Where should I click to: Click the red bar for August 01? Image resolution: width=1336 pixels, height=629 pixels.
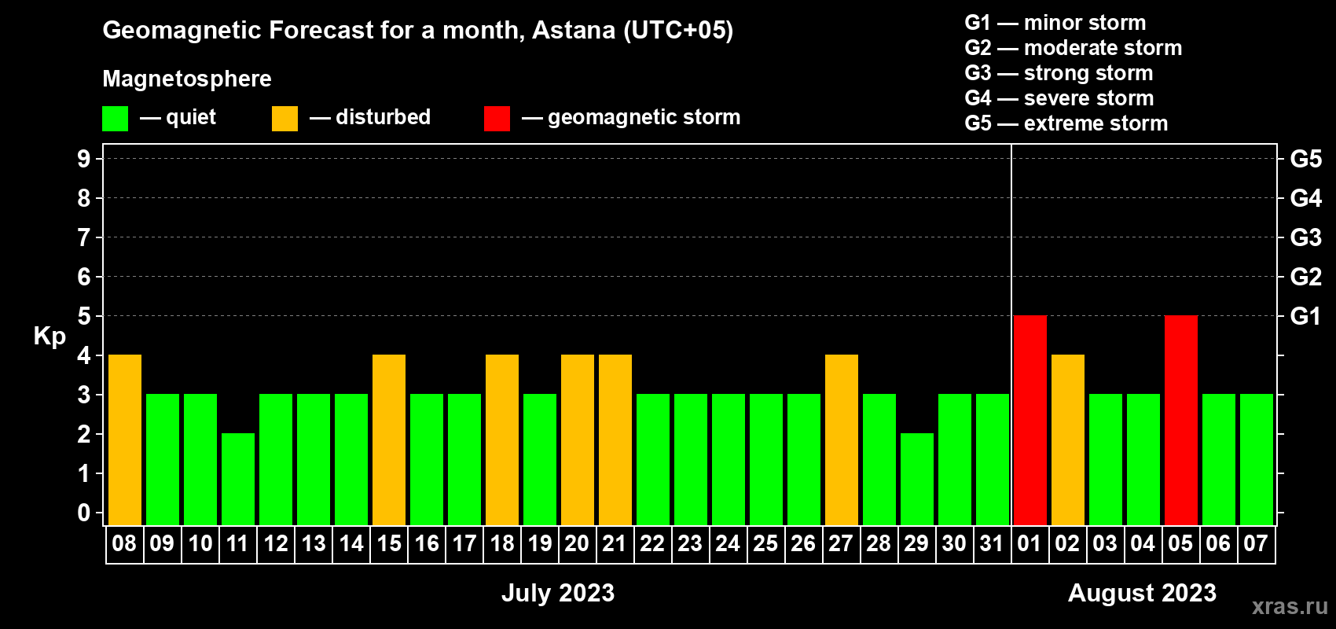click(x=1030, y=420)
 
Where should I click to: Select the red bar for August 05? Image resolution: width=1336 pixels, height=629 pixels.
click(x=1181, y=420)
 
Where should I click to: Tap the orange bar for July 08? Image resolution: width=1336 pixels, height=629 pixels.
click(x=125, y=440)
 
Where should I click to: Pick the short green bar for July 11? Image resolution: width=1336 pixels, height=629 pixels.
click(x=238, y=479)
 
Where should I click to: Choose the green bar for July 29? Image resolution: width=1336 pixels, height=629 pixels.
click(x=916, y=479)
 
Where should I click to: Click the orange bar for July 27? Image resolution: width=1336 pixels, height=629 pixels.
click(x=842, y=440)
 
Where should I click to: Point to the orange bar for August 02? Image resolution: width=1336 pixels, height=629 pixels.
click(x=1067, y=440)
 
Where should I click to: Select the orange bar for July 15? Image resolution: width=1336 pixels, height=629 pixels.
click(x=389, y=440)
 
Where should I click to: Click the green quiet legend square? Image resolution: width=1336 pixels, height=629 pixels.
click(x=115, y=118)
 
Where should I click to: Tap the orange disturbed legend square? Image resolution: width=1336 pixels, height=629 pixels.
click(x=284, y=118)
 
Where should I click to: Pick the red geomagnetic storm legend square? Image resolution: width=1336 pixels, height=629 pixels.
click(x=497, y=118)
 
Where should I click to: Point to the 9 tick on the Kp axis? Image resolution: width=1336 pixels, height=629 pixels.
click(x=83, y=159)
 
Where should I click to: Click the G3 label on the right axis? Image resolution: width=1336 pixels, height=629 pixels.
click(x=1305, y=237)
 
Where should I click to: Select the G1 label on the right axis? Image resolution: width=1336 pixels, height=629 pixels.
click(x=1305, y=316)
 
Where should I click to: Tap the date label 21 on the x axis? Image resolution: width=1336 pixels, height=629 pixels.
click(x=615, y=543)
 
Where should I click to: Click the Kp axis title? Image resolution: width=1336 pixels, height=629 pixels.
click(x=50, y=336)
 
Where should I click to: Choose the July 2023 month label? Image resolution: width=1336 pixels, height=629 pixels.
click(x=558, y=593)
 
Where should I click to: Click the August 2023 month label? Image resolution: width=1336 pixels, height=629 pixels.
click(x=1142, y=593)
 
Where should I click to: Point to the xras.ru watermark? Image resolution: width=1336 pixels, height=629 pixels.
click(x=1290, y=606)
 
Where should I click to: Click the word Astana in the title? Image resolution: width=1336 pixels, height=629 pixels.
click(x=573, y=30)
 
